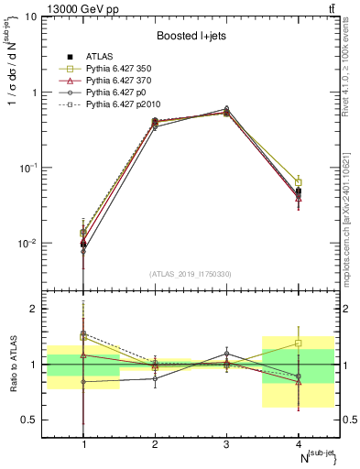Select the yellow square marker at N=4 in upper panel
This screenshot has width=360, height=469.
click(x=299, y=183)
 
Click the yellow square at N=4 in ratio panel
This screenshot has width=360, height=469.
click(x=299, y=344)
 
